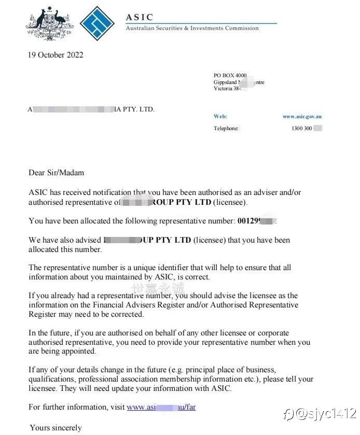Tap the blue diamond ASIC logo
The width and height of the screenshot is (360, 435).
pos(98,24)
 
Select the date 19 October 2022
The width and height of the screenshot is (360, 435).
pos(56,55)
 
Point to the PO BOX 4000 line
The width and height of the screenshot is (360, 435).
pos(230,76)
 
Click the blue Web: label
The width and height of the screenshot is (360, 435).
pos(220,117)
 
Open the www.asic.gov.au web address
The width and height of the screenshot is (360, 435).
pos(302,117)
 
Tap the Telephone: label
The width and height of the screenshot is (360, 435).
pos(226,129)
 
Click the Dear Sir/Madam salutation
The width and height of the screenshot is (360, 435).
pos(56,173)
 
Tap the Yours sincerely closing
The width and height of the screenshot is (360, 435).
pos(56,428)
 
